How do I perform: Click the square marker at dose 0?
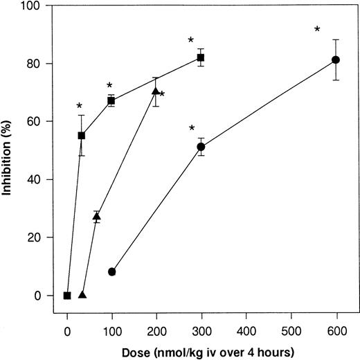tap(67, 296)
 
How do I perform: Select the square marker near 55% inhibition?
tap(82, 136)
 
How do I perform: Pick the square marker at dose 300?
tap(201, 57)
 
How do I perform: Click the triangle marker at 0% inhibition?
tap(82, 295)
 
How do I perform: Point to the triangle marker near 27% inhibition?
tap(97, 217)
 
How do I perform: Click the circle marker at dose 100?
tap(111, 272)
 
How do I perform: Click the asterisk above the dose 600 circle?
tap(317, 30)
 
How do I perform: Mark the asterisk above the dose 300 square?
tap(190, 41)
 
